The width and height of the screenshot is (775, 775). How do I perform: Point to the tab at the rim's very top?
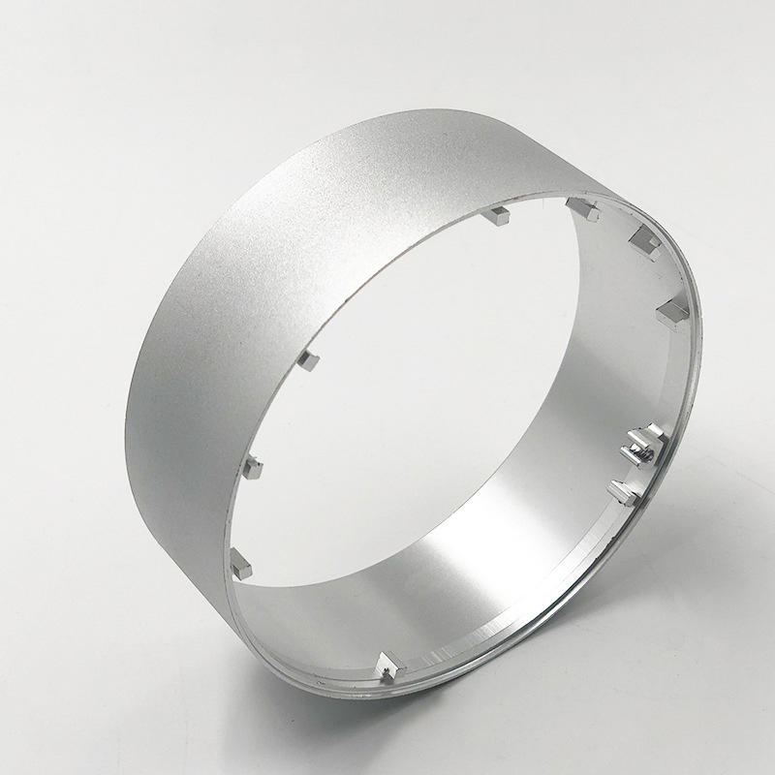pyautogui.click(x=581, y=206)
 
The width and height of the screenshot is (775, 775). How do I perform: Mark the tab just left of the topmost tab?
pyautogui.click(x=500, y=214)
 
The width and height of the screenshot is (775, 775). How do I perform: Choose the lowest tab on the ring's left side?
pyautogui.click(x=242, y=562)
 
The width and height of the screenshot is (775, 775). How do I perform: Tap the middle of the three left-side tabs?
pyautogui.click(x=255, y=468)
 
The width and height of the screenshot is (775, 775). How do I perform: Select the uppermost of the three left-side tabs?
pyautogui.click(x=310, y=362)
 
